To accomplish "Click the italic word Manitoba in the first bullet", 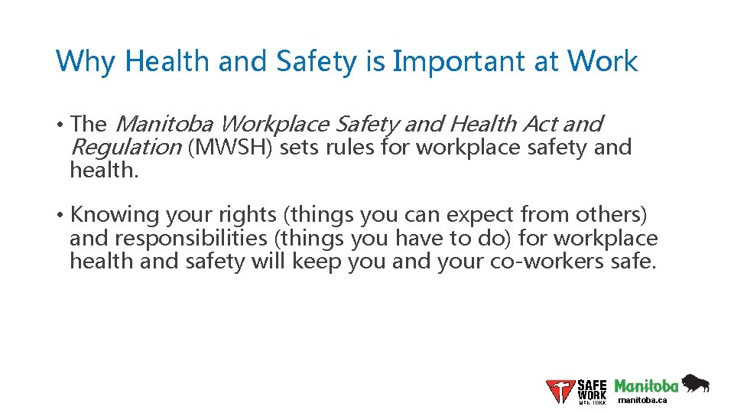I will (x=165, y=123).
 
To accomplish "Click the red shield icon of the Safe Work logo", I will (x=560, y=391).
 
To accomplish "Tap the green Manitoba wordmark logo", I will (x=646, y=385).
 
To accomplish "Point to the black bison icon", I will (x=695, y=383).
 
